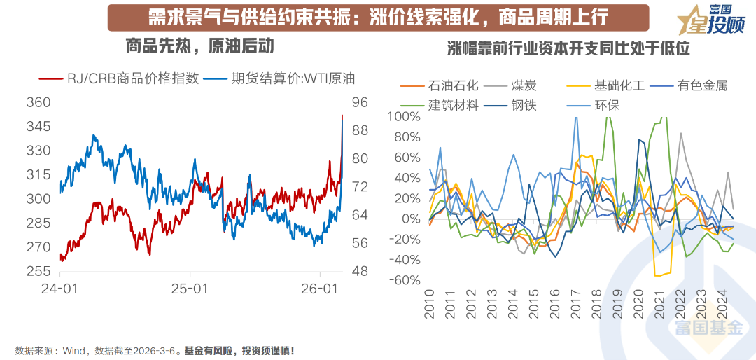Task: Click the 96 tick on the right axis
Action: coord(360,102)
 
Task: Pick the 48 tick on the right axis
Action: coord(360,271)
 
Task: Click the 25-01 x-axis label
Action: coord(190,289)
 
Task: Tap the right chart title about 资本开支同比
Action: coord(568,48)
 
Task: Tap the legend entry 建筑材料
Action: coord(453,105)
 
